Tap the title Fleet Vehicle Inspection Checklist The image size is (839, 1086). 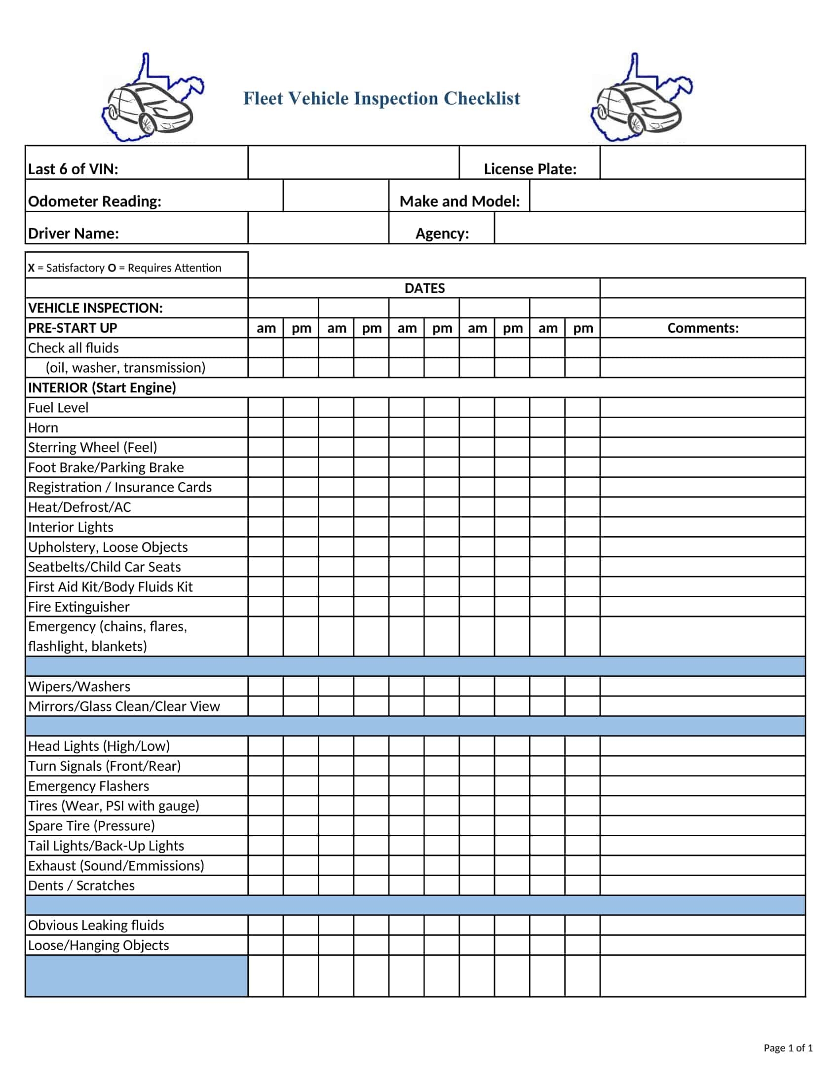pyautogui.click(x=381, y=98)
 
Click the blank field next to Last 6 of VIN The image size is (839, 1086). pyautogui.click(x=353, y=163)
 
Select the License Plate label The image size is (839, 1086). pyautogui.click(x=530, y=169)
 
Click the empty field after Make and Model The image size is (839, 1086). pyautogui.click(x=667, y=196)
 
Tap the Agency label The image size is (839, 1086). pyautogui.click(x=442, y=233)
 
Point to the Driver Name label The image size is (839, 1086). pyautogui.click(x=74, y=233)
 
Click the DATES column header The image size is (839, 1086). pyautogui.click(x=424, y=288)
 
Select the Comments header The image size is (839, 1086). pyautogui.click(x=702, y=328)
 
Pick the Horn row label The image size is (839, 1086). pyautogui.click(x=43, y=427)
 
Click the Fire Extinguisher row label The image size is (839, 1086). pyautogui.click(x=78, y=607)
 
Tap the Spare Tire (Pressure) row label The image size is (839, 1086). pyautogui.click(x=91, y=825)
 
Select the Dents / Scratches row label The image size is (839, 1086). pyautogui.click(x=81, y=885)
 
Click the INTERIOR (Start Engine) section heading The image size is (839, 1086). pyautogui.click(x=102, y=388)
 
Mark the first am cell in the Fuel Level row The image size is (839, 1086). pyautogui.click(x=266, y=408)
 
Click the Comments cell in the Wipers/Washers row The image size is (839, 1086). pyautogui.click(x=702, y=686)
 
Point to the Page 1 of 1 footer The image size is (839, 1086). pyautogui.click(x=788, y=1048)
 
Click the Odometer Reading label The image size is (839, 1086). pyautogui.click(x=94, y=201)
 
